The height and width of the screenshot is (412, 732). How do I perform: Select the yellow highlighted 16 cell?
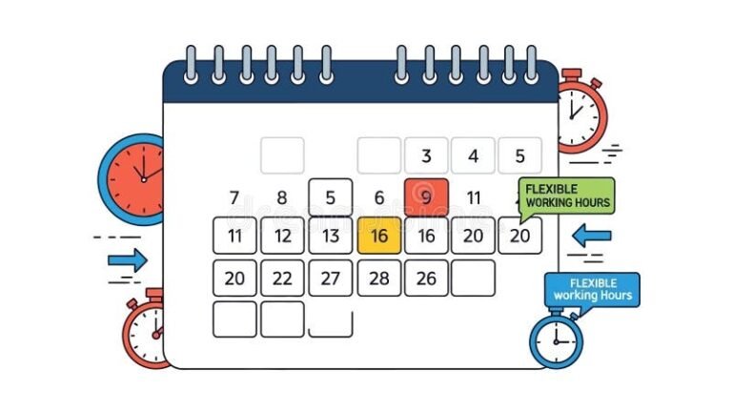pos(378,236)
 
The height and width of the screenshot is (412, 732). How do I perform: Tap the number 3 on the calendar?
pos(426,156)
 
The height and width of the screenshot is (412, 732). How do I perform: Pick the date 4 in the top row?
pos(473,156)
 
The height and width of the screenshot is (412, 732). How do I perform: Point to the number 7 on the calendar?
pos(234,198)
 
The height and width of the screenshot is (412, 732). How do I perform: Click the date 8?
pos(282,198)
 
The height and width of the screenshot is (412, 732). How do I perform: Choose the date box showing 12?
pos(282,236)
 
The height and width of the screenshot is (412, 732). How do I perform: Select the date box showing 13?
pos(330,236)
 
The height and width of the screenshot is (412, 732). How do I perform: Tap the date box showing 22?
pos(282,278)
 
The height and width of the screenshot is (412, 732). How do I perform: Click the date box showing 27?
pos(330,278)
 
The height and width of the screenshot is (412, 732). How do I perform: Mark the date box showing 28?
pos(378,278)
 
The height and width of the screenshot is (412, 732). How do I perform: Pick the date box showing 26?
pos(426,278)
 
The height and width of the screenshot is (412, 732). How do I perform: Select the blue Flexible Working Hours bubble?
pos(592,289)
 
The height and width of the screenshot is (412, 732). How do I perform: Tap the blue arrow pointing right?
pos(128,259)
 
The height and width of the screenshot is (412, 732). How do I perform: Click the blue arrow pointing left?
pos(591,235)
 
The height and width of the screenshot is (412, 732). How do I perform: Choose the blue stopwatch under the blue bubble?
pos(556,340)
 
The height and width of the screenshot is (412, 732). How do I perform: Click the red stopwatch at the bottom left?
pos(146,333)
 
